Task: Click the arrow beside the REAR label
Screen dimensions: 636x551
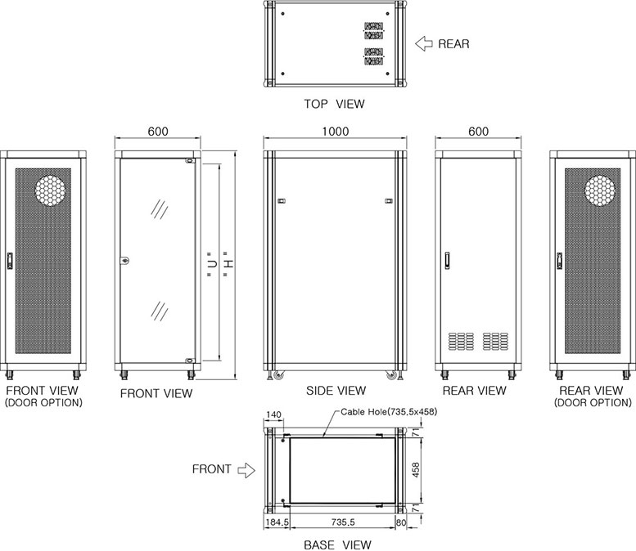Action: pyautogui.click(x=424, y=43)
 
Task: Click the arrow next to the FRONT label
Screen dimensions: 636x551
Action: pyautogui.click(x=246, y=470)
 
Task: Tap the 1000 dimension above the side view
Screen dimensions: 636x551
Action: pyautogui.click(x=336, y=132)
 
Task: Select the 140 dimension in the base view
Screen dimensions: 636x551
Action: pyautogui.click(x=273, y=414)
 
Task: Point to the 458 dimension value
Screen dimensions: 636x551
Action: pyautogui.click(x=416, y=470)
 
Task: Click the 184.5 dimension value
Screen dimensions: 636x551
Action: pyautogui.click(x=277, y=522)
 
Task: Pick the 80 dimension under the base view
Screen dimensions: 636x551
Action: pyautogui.click(x=401, y=522)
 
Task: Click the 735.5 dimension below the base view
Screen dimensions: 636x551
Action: pyautogui.click(x=343, y=522)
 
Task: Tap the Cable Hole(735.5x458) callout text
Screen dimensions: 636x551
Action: pyautogui.click(x=389, y=412)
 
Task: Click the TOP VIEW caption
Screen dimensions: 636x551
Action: pyautogui.click(x=335, y=104)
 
